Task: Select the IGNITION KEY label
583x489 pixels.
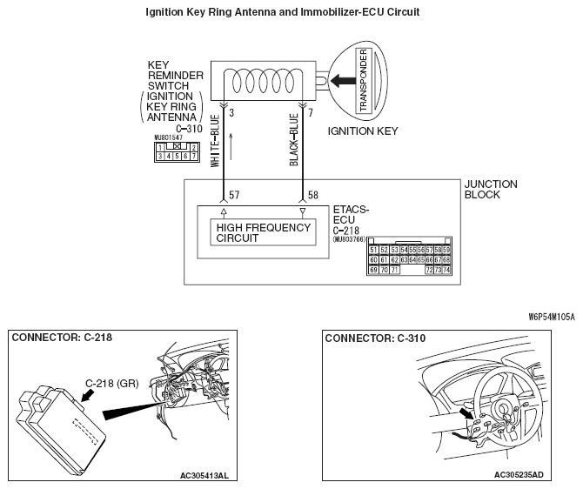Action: [x=362, y=131]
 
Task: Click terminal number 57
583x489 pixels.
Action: [x=234, y=197]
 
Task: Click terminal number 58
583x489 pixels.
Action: [x=311, y=197]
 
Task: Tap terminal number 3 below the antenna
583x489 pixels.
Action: [x=231, y=113]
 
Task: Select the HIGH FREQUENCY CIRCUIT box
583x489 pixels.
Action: [x=263, y=232]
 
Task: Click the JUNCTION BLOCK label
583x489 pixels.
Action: [x=491, y=190]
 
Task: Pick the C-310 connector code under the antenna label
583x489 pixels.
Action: [x=190, y=128]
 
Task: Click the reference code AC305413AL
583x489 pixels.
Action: [x=204, y=475]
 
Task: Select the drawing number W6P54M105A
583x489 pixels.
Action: [x=550, y=317]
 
